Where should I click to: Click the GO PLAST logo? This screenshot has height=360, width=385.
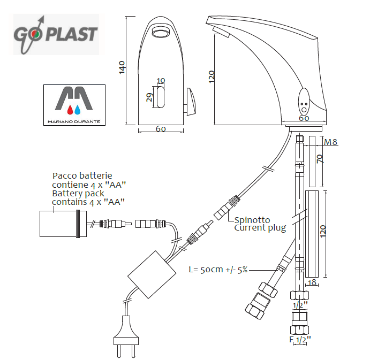click(56, 34)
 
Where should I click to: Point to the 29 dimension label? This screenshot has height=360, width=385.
click(150, 97)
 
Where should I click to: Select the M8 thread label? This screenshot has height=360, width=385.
click(331, 142)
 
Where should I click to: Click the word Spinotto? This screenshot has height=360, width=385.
click(252, 220)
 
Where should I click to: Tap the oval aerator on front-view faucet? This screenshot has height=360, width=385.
click(160, 33)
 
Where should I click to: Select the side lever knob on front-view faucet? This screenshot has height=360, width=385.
click(191, 101)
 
